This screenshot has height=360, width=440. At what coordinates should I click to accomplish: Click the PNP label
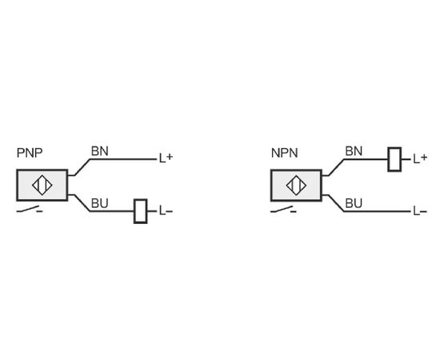click(30, 153)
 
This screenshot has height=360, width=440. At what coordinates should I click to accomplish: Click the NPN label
click(284, 153)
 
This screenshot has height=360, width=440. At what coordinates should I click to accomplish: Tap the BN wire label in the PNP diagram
click(100, 151)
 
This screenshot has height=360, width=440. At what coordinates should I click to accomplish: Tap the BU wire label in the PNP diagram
click(100, 203)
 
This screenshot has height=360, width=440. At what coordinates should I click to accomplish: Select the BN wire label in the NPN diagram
click(354, 151)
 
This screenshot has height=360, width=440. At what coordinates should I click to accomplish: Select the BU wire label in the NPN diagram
click(354, 203)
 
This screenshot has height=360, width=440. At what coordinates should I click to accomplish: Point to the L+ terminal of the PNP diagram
click(166, 158)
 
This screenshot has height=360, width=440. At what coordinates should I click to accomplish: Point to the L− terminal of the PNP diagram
click(166, 210)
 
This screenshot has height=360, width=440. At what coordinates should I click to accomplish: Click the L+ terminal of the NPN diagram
click(420, 158)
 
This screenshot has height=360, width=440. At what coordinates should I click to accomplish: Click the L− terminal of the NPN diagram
click(420, 210)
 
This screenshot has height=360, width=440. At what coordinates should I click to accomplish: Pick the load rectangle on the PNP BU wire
click(140, 211)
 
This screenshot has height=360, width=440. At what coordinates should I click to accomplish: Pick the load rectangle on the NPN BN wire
click(394, 159)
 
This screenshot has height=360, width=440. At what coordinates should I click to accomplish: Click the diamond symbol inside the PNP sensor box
click(42, 185)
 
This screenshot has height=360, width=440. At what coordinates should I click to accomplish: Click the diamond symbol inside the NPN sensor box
click(296, 185)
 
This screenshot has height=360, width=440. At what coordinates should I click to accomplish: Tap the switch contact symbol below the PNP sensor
click(30, 210)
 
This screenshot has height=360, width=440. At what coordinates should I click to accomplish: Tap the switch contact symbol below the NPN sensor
click(283, 210)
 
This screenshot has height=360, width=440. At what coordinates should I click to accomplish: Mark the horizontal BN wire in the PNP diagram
click(123, 159)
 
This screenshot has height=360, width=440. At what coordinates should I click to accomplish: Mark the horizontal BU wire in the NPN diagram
click(377, 211)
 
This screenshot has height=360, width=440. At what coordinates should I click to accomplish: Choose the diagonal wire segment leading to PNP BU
click(82, 203)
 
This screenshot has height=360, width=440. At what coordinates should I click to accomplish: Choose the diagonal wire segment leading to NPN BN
click(336, 167)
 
